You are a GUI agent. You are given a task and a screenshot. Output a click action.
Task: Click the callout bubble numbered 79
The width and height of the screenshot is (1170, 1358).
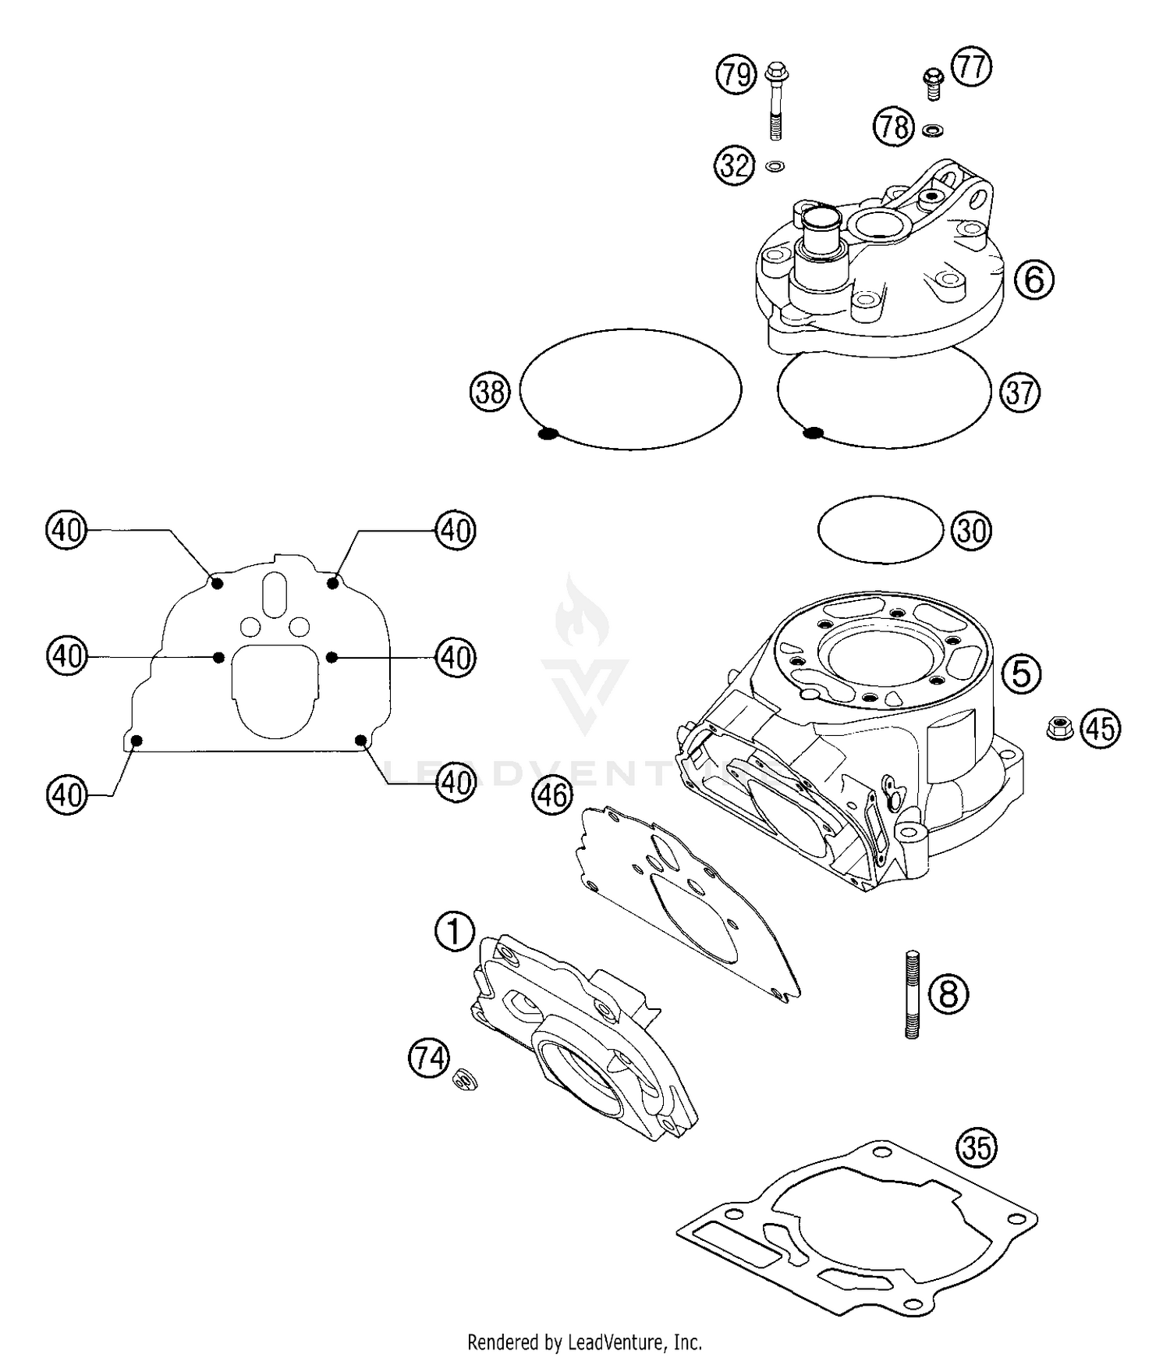coord(736,75)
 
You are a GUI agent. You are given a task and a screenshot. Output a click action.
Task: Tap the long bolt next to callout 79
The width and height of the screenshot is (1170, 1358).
coord(775,102)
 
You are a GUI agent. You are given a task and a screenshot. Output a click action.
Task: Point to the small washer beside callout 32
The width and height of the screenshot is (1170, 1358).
coord(775,166)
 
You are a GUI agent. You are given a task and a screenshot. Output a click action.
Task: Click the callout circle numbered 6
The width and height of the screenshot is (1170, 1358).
coord(1034,279)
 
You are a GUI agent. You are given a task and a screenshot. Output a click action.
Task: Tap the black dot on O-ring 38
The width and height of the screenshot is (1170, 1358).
coord(548,433)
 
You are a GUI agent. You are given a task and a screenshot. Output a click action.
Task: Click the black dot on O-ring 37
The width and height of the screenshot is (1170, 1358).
coord(813,432)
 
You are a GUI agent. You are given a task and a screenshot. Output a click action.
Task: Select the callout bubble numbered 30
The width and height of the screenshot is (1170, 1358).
coord(971,531)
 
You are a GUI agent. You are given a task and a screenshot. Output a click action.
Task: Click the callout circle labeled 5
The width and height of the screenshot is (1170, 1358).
coord(1022,673)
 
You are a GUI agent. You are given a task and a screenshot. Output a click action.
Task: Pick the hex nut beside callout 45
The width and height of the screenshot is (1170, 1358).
coord(1059,727)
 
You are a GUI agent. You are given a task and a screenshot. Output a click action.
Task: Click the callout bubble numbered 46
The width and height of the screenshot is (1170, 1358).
coord(552,796)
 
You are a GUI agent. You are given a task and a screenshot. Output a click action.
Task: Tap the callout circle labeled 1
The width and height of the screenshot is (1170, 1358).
coord(455,931)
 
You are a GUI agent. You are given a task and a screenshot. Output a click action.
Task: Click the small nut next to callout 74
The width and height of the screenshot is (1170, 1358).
coord(466,1080)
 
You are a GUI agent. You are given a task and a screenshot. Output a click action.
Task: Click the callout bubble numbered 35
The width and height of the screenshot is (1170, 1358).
coord(977,1148)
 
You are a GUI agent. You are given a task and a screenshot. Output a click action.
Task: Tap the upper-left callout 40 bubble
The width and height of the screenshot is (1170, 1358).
coord(66,531)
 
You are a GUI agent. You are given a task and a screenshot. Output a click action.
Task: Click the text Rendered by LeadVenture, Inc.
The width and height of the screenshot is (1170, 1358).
coord(584,1342)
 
